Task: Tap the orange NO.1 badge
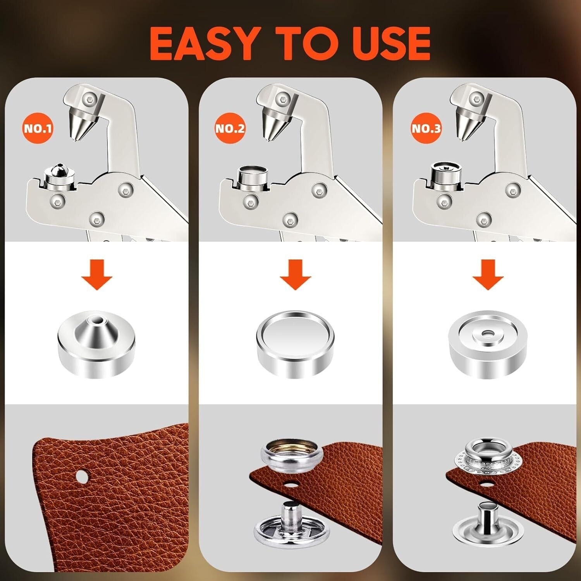point(38,128)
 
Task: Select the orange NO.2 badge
point(230,128)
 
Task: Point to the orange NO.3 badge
point(426,128)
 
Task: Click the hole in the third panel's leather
point(485,484)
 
